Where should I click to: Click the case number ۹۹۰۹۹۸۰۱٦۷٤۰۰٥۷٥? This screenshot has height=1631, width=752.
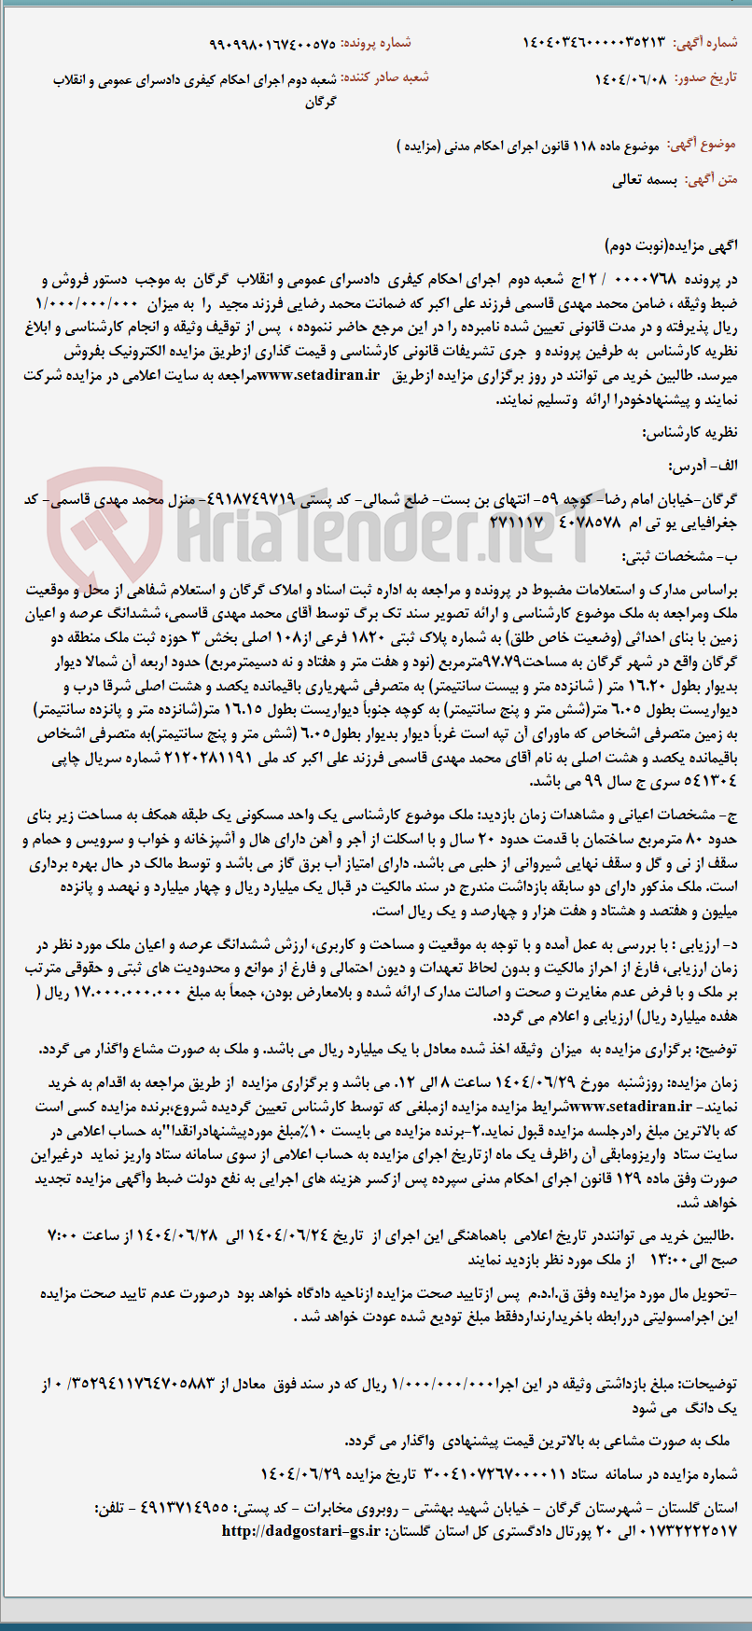[x=272, y=43]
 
